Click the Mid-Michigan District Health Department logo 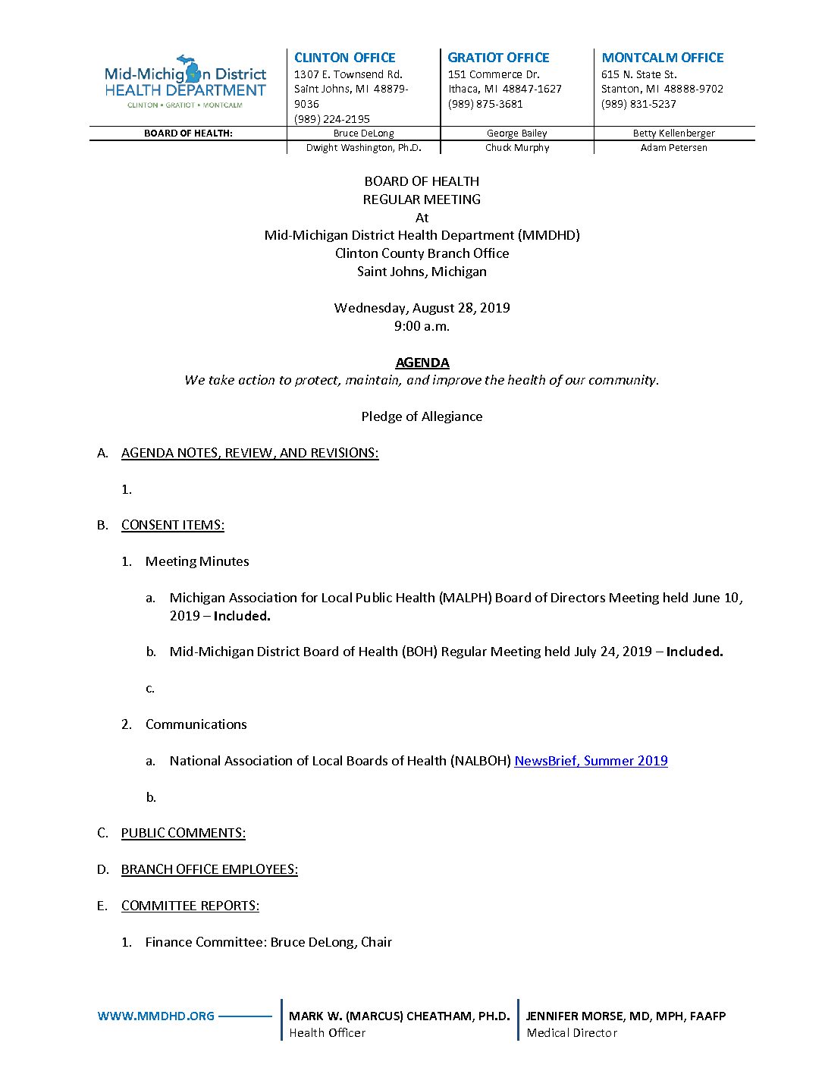tap(185, 82)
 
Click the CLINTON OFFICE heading tap(344, 58)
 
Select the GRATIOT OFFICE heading tap(498, 58)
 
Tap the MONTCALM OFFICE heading tap(662, 58)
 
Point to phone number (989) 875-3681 tap(485, 104)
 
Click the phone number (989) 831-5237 tap(638, 104)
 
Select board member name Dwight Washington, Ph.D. tap(363, 148)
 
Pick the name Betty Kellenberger tap(673, 133)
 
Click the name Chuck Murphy tap(517, 148)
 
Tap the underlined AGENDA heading tap(422, 363)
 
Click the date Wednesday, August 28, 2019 tap(422, 308)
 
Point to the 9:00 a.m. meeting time tap(422, 326)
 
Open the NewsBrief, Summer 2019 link tap(591, 761)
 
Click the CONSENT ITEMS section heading tap(172, 525)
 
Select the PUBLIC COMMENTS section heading tap(183, 833)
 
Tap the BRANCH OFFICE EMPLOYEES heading tap(209, 869)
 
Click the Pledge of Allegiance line tap(422, 416)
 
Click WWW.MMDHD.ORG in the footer tap(156, 1016)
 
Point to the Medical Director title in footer tap(572, 1033)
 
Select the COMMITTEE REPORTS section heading tap(190, 906)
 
